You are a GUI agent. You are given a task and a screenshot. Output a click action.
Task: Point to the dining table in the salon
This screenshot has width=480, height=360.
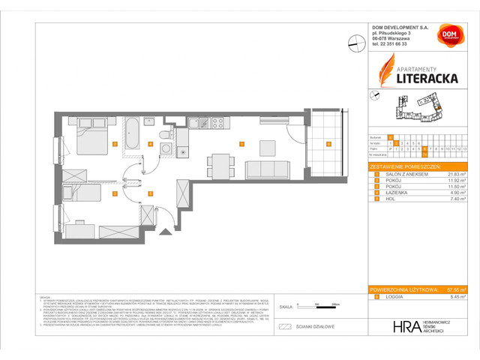click(265, 145)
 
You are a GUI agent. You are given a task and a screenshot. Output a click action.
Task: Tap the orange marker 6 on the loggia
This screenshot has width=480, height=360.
click(328, 144)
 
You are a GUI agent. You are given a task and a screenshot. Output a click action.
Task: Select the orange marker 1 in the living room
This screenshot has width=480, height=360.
click(241, 144)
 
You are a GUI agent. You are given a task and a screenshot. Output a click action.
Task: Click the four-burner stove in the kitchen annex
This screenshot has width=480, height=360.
click(218, 122)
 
